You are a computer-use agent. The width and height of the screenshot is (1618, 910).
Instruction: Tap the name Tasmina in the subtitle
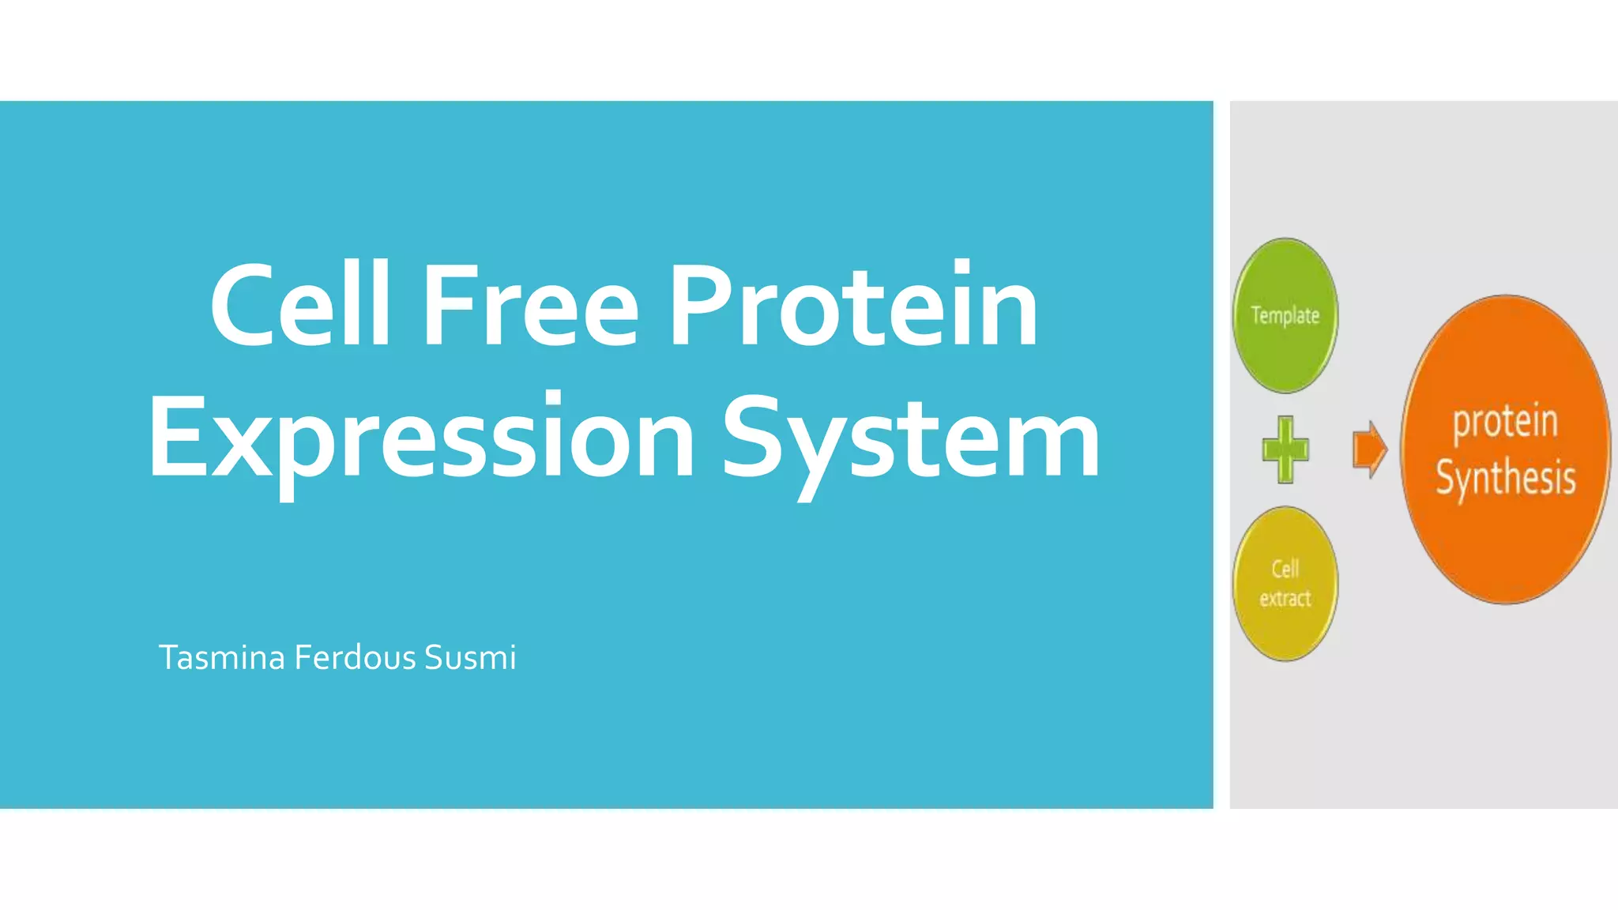[x=221, y=657]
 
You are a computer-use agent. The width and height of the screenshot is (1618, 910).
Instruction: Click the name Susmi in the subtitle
[x=470, y=657]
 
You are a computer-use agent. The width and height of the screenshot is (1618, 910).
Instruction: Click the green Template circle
[x=1285, y=348]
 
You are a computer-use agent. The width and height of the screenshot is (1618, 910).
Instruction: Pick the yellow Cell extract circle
[x=1285, y=624]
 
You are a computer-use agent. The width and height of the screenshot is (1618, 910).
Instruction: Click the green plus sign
[x=1285, y=449]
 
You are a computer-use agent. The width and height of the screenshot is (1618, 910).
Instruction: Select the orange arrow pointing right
[x=1369, y=449]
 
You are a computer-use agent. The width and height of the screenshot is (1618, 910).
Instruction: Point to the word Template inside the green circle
[x=1285, y=316]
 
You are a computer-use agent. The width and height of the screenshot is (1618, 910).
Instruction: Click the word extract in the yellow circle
[x=1285, y=599]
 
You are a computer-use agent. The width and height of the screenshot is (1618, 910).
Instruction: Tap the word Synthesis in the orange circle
[x=1505, y=478]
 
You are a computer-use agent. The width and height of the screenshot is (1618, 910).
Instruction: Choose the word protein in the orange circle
[x=1505, y=421]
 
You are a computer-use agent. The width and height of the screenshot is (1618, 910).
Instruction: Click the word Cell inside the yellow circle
[x=1285, y=569]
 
